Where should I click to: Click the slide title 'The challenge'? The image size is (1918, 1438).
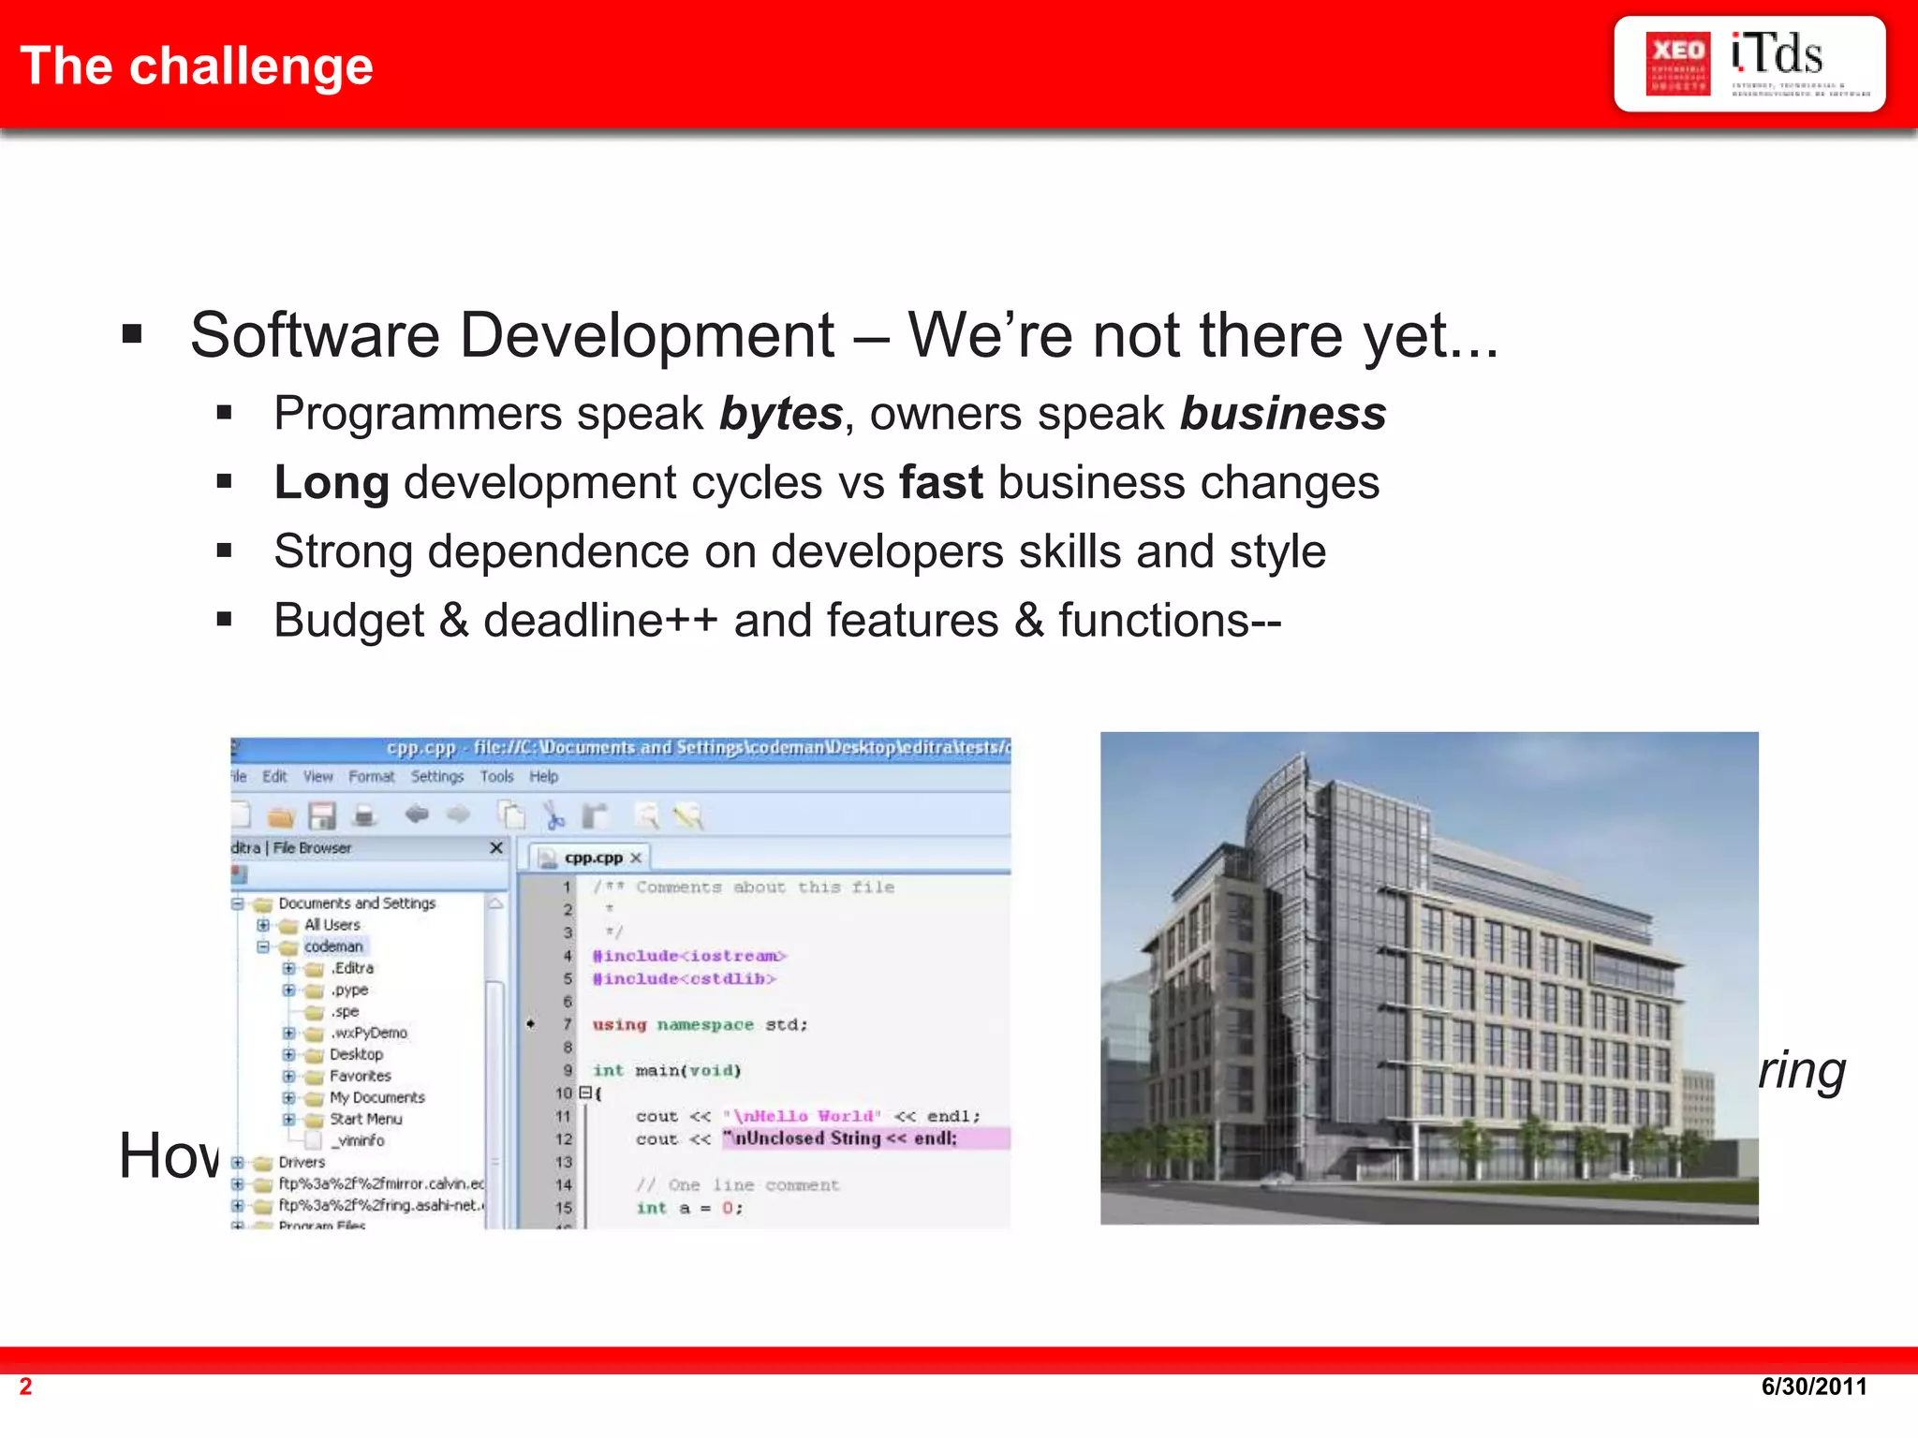click(197, 66)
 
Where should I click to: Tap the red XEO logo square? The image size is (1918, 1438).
click(1677, 64)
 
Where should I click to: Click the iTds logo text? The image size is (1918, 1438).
click(1777, 55)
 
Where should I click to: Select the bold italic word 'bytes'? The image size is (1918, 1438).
click(781, 414)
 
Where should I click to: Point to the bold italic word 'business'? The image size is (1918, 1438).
click(1283, 414)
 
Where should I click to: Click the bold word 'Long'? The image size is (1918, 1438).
click(332, 483)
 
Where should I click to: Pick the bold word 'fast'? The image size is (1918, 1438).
click(940, 483)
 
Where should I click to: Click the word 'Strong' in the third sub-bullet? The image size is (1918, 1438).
click(343, 551)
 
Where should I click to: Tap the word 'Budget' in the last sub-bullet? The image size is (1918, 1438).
click(349, 621)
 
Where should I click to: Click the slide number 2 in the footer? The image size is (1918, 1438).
click(26, 1387)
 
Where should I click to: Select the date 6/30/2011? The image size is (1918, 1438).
click(1813, 1387)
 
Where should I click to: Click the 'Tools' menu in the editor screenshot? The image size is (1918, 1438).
click(496, 777)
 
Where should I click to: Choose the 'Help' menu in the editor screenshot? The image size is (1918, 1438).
click(543, 777)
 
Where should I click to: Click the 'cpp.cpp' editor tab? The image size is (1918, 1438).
click(593, 858)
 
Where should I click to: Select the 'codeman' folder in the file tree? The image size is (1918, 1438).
click(333, 946)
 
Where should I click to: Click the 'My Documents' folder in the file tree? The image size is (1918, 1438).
click(376, 1097)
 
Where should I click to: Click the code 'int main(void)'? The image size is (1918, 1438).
click(667, 1070)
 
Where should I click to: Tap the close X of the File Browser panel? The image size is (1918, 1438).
click(496, 848)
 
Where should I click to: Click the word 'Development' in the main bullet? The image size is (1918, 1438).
click(646, 335)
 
